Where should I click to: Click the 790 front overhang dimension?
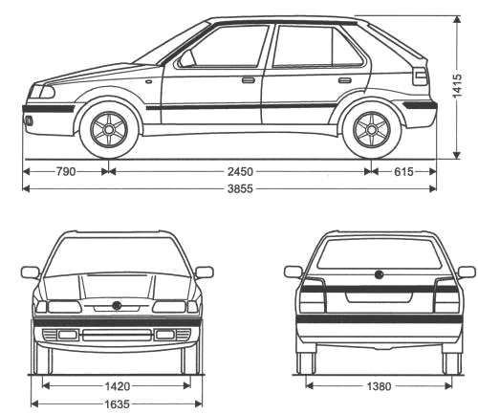point(66,172)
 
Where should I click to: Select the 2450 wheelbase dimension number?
point(240,172)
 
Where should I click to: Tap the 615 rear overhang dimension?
point(403,172)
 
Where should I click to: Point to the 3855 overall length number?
point(240,189)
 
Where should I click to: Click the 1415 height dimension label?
point(457,86)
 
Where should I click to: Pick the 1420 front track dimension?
point(118,386)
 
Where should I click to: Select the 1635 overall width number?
point(118,404)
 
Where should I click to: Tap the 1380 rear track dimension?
point(379,386)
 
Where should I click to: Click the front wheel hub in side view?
point(109,130)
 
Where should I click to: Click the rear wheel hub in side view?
point(372,130)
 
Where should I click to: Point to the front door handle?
point(249,79)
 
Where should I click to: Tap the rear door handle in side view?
point(345,80)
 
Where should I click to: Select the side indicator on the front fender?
point(149,81)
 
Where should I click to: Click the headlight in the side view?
point(42,92)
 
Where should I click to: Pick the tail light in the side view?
point(420,76)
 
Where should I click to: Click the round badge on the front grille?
point(117,305)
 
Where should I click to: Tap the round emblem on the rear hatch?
point(379,274)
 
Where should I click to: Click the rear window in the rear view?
point(380,253)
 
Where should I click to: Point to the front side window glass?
point(227,47)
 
